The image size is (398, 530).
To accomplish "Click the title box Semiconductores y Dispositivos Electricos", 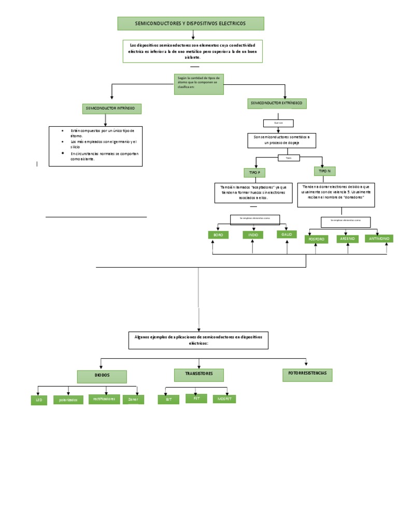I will click(x=191, y=23).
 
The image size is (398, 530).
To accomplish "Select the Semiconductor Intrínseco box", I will click(x=111, y=109).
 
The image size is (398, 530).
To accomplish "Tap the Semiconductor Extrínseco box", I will click(x=277, y=104).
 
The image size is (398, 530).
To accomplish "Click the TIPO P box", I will click(x=255, y=172).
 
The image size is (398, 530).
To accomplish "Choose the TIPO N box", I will click(x=324, y=171).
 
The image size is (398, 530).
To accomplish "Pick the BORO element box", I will click(x=218, y=235).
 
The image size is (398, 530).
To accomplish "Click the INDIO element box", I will click(x=253, y=235).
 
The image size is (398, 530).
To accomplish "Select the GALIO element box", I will click(x=287, y=234).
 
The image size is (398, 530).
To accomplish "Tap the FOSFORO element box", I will click(x=317, y=239).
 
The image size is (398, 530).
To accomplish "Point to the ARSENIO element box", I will click(x=348, y=239).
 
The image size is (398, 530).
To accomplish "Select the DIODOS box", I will click(x=102, y=376).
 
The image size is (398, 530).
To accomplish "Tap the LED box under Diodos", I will click(x=39, y=400).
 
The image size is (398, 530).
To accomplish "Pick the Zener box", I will click(x=130, y=400).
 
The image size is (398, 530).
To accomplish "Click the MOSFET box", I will click(x=224, y=399).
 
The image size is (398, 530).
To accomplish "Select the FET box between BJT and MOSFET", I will click(x=196, y=398).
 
